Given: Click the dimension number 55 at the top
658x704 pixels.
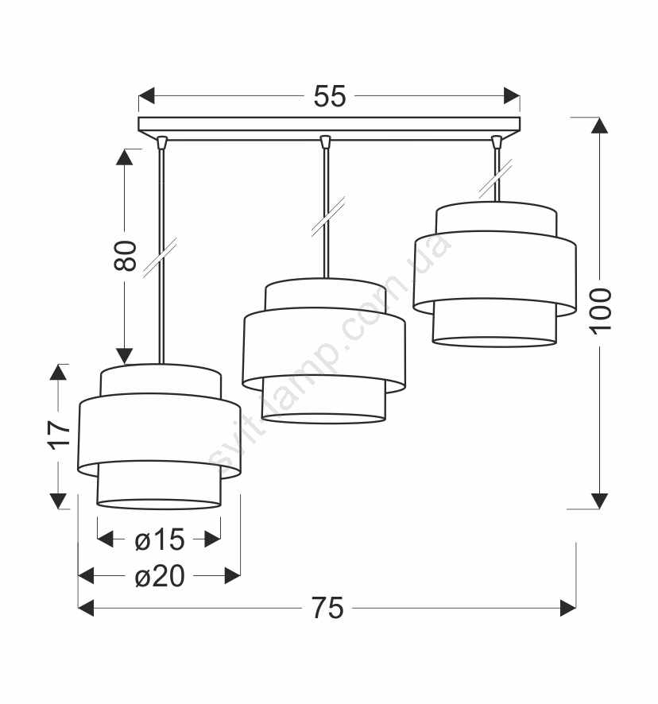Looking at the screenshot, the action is [x=330, y=96].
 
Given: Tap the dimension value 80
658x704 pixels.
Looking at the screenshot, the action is [x=125, y=256].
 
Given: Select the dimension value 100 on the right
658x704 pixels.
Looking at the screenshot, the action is [x=601, y=311].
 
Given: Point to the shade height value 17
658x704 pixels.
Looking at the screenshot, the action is [x=58, y=435].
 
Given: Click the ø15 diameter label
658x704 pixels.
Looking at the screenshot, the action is [x=160, y=540].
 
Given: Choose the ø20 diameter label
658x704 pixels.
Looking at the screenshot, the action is [x=160, y=576].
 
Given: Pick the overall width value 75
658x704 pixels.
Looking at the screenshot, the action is [x=328, y=609].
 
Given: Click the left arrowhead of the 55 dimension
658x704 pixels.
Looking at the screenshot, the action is [x=146, y=95].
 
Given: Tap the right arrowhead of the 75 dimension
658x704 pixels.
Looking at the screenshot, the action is [x=568, y=609].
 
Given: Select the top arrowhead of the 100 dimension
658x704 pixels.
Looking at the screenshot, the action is [x=600, y=126].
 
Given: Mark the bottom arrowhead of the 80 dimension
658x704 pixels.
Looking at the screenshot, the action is [x=125, y=356].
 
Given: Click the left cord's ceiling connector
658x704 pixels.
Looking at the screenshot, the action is [x=162, y=142].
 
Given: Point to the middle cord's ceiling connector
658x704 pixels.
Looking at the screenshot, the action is [x=326, y=142].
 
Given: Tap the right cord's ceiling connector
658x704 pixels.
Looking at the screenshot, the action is [x=497, y=142].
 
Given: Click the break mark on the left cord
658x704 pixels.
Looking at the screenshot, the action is [x=160, y=257].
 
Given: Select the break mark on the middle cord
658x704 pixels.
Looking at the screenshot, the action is [x=328, y=216].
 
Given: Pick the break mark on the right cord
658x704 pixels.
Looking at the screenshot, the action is [x=496, y=178].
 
